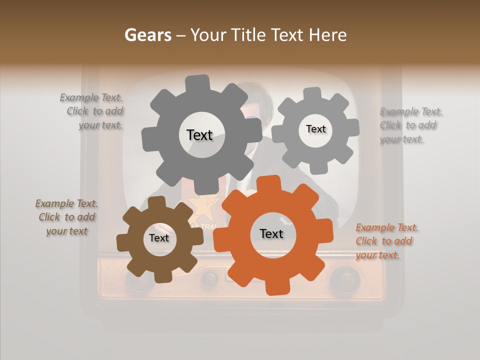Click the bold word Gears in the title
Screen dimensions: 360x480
(x=147, y=35)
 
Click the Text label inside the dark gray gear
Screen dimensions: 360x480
(x=199, y=135)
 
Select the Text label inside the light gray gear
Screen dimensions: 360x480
(x=315, y=129)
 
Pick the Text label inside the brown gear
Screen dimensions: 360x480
(x=159, y=238)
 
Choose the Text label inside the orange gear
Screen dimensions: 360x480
(x=271, y=233)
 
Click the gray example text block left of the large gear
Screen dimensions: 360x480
(x=92, y=111)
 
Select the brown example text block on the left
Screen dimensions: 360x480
(x=66, y=217)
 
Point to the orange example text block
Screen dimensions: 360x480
(x=386, y=241)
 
